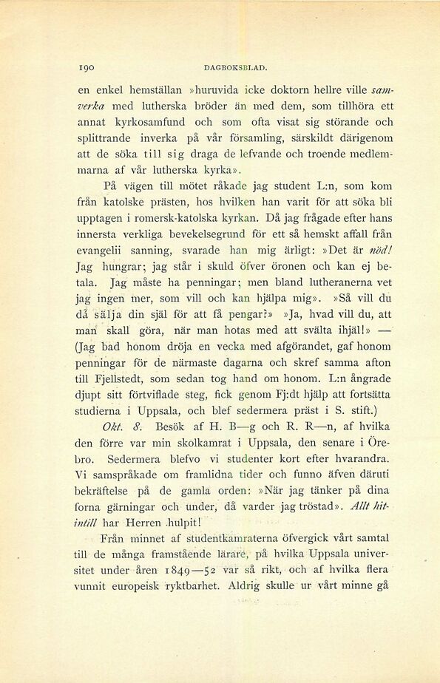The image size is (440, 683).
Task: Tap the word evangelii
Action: tap(99, 250)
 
